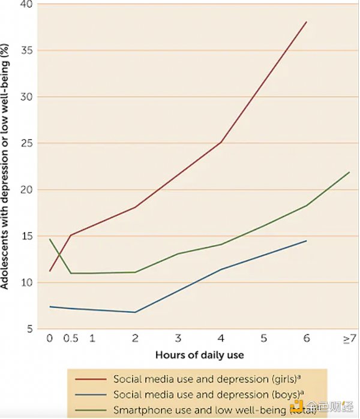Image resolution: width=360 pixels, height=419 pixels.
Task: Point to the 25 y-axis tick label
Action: (26, 143)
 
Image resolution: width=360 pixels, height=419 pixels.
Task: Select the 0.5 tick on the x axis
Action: (71, 339)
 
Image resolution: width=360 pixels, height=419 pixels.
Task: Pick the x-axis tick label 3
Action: (178, 339)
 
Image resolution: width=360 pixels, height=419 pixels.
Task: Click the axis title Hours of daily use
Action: (199, 355)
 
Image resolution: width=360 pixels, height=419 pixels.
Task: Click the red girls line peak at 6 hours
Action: (307, 22)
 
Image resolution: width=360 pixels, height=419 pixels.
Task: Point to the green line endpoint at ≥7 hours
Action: (349, 172)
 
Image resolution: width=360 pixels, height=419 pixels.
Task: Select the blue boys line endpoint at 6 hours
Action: (307, 241)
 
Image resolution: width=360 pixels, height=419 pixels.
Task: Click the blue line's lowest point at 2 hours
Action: (135, 312)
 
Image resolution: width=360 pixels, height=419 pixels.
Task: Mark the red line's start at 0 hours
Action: (50, 271)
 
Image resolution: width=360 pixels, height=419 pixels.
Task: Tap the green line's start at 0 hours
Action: (50, 239)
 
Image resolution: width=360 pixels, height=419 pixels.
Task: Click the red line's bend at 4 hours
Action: (221, 142)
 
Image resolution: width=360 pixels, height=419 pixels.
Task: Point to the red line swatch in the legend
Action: (90, 379)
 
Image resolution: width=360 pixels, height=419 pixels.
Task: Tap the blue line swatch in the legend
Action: (90, 395)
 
